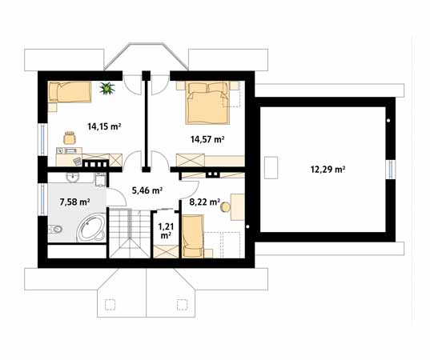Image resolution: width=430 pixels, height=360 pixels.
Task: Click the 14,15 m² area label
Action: (x=104, y=126)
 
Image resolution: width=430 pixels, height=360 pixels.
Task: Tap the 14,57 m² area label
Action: (x=207, y=139)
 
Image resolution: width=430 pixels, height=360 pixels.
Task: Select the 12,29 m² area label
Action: (x=328, y=170)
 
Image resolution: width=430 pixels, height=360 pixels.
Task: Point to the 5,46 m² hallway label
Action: (x=147, y=190)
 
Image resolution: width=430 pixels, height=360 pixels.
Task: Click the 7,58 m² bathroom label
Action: (x=74, y=202)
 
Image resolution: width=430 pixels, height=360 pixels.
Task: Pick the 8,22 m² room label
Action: (x=204, y=202)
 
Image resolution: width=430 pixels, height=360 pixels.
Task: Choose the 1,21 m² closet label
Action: (x=164, y=230)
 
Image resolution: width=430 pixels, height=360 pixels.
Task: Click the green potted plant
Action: (x=107, y=88)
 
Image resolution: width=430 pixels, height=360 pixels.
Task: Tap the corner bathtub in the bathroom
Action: (x=91, y=228)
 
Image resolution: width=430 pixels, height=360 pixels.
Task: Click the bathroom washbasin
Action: (x=73, y=178)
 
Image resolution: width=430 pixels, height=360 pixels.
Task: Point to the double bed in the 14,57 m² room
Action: (x=207, y=103)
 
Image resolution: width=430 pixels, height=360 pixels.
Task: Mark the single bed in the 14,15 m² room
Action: (x=70, y=92)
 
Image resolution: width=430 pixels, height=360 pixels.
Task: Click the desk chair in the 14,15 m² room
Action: (x=70, y=138)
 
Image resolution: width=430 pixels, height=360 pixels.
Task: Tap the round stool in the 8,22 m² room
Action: (x=226, y=207)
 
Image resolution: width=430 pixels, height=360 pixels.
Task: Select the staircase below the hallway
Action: (x=130, y=233)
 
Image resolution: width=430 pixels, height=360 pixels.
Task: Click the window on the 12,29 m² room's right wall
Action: (x=391, y=170)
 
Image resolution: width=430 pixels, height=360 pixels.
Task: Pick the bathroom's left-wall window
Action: (x=42, y=200)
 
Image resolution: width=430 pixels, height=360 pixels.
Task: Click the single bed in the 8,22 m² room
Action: (x=193, y=236)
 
